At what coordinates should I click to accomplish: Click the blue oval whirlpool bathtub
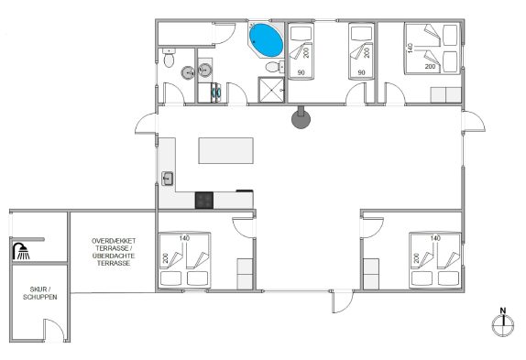pyautogui.click(x=266, y=39)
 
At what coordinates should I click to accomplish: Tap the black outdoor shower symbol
pyautogui.click(x=21, y=251)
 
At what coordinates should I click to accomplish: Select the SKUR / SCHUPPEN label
pyautogui.click(x=40, y=293)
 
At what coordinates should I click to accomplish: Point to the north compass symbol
pyautogui.click(x=503, y=322)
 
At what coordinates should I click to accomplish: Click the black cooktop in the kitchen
pyautogui.click(x=204, y=200)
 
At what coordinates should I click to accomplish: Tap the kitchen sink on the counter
pyautogui.click(x=168, y=179)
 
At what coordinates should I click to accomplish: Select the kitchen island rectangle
pyautogui.click(x=225, y=150)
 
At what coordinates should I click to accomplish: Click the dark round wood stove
pyautogui.click(x=301, y=118)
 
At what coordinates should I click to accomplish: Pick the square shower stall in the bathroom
pyautogui.click(x=271, y=90)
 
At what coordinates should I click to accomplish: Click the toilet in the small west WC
pyautogui.click(x=169, y=58)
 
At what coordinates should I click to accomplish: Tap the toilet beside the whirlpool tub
pyautogui.click(x=274, y=67)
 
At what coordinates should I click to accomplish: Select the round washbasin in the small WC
pyautogui.click(x=188, y=72)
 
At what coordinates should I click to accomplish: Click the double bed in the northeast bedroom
pyautogui.click(x=432, y=48)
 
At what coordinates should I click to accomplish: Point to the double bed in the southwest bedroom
pyautogui.click(x=184, y=260)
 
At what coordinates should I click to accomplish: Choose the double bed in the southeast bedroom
pyautogui.click(x=434, y=260)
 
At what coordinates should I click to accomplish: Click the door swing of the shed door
pyautogui.click(x=54, y=330)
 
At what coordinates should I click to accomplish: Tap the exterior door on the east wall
pyautogui.click(x=474, y=121)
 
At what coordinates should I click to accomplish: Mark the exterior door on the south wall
pyautogui.click(x=342, y=301)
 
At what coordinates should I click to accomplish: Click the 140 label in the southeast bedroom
pyautogui.click(x=435, y=238)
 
